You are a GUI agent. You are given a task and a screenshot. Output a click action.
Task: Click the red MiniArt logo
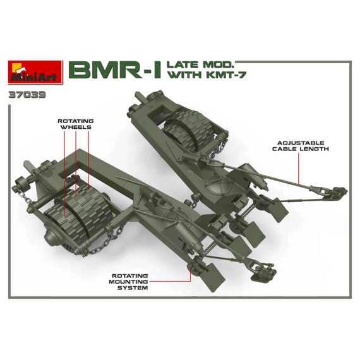[x=35, y=72]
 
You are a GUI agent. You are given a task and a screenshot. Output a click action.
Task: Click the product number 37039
[x=27, y=95]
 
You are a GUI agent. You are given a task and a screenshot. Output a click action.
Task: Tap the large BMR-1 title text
[x=115, y=70]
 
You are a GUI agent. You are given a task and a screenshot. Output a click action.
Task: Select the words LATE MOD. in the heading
[x=200, y=65]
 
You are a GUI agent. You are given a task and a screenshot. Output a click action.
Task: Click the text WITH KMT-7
[x=207, y=75]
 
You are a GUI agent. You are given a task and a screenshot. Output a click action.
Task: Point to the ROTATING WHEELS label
[x=76, y=124]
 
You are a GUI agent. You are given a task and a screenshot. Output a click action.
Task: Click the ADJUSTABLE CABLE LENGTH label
[x=301, y=146]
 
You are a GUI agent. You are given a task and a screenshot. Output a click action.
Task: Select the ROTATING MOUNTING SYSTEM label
[x=129, y=282]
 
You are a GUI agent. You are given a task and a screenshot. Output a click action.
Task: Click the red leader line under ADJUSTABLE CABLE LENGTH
[x=299, y=169]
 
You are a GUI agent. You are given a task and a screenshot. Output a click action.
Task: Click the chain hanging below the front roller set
[x=104, y=243]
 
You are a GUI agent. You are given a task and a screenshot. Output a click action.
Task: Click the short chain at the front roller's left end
[x=27, y=197]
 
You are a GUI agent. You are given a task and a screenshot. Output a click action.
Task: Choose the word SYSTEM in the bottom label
[x=133, y=288]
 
